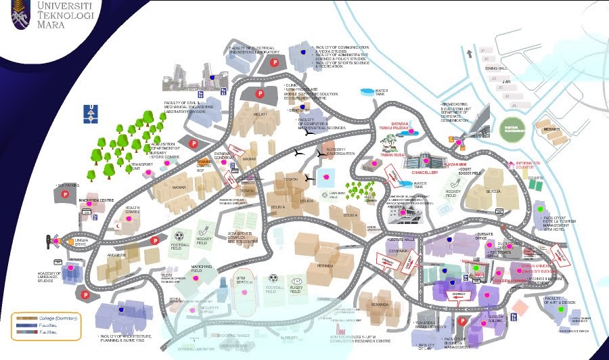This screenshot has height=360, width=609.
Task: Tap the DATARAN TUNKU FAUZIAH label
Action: [x=409, y=126]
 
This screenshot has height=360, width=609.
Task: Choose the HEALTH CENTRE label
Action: [x=133, y=210]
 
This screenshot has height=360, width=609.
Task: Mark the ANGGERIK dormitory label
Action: [x=117, y=255]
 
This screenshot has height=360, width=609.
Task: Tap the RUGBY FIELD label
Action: [x=296, y=289]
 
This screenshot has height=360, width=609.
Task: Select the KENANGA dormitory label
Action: [x=380, y=305]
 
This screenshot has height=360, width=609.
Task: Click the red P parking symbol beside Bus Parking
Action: [x=66, y=194]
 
